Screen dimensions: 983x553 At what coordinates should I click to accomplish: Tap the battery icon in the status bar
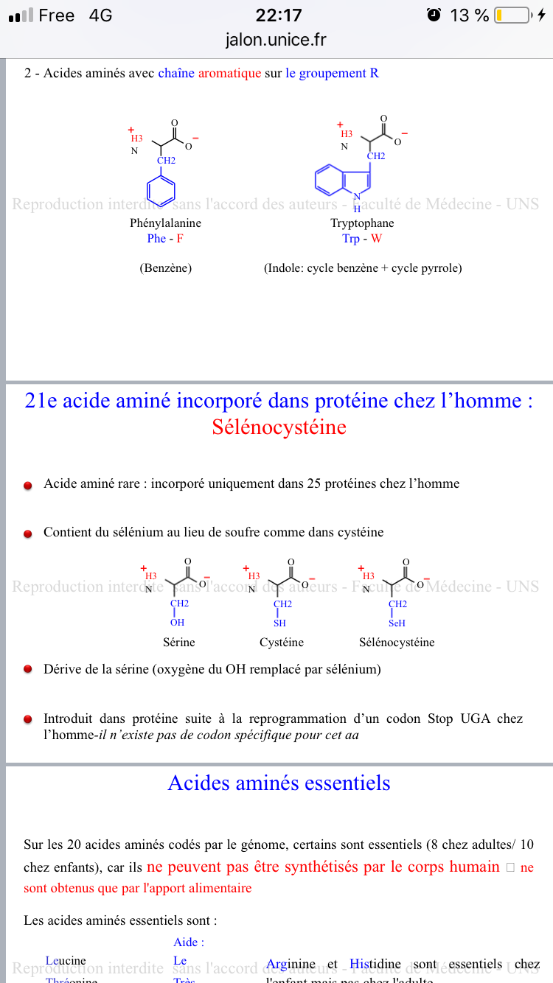[x=512, y=15]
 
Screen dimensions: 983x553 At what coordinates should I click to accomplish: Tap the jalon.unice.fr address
[x=276, y=39]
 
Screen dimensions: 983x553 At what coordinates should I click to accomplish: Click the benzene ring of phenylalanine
[x=161, y=189]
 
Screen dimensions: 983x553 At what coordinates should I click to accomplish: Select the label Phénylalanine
[x=165, y=223]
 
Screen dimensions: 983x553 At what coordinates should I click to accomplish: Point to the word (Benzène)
[x=165, y=268]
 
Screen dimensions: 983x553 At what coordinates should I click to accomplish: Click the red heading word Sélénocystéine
[x=279, y=427]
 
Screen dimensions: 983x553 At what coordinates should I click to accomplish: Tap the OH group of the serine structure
[x=177, y=623]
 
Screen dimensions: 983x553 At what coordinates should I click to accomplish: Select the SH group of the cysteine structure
[x=279, y=623]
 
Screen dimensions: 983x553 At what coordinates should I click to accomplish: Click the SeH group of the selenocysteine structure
[x=397, y=623]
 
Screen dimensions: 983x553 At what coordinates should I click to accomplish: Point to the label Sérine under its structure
[x=178, y=642]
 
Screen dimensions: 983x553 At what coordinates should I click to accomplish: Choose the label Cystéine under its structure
[x=281, y=642]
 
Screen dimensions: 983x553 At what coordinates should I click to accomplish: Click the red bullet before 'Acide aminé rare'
[x=28, y=486]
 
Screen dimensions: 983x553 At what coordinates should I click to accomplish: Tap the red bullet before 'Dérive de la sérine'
[x=28, y=670]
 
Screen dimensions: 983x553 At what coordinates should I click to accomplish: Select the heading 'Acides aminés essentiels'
[x=279, y=783]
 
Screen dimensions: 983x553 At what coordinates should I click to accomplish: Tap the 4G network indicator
[x=100, y=15]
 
